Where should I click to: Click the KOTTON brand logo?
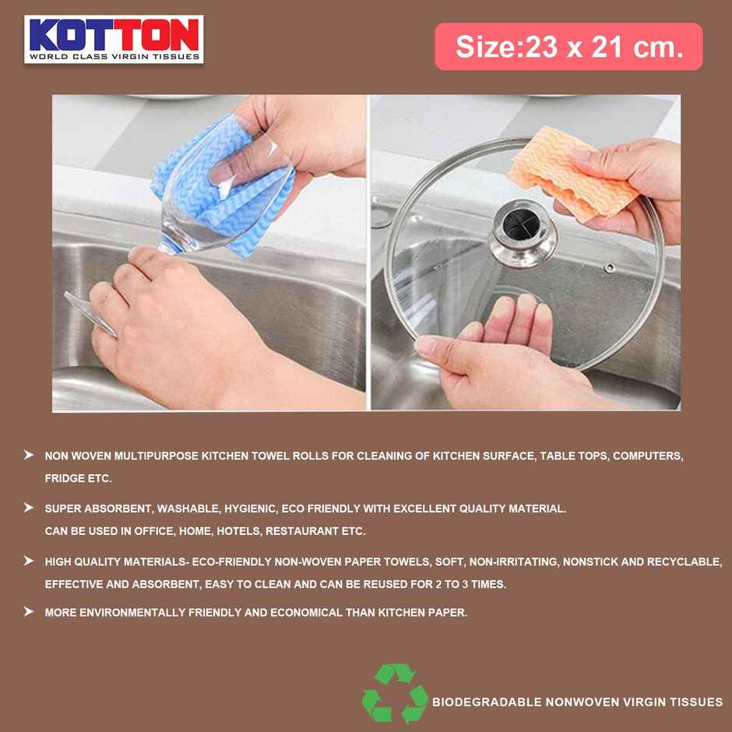click(114, 39)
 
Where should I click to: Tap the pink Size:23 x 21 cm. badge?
click(568, 47)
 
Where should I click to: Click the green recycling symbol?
click(395, 692)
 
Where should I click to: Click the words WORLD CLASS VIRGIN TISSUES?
click(114, 56)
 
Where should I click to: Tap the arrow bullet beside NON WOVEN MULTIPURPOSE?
click(29, 455)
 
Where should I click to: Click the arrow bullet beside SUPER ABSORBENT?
click(29, 508)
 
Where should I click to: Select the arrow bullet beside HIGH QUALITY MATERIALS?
click(29, 561)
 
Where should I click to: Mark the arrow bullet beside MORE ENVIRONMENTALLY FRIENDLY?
click(29, 612)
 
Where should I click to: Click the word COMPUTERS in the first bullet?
click(647, 456)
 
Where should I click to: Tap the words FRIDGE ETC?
click(78, 479)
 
